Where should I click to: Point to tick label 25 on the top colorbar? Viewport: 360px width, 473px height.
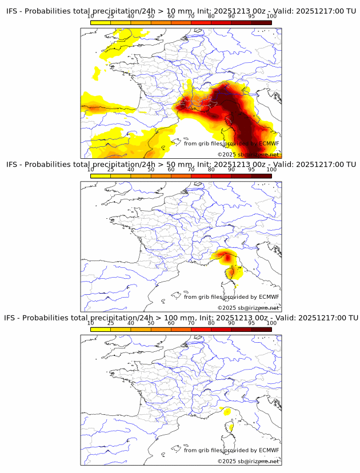(111, 16)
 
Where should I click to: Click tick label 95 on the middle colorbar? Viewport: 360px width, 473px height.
(251, 170)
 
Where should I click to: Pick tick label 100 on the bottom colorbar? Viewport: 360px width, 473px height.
(271, 323)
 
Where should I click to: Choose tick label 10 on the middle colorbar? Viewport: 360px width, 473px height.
(91, 170)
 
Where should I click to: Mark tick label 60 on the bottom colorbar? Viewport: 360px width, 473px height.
(171, 323)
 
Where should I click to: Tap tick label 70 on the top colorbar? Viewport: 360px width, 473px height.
(191, 16)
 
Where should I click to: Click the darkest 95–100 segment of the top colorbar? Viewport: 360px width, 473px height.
(261, 22)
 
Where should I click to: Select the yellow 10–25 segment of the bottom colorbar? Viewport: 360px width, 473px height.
(101, 329)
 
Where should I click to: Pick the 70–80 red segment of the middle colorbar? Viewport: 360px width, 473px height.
(201, 176)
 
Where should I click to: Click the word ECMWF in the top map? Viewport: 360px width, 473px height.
(269, 143)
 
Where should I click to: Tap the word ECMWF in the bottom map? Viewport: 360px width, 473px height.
(269, 450)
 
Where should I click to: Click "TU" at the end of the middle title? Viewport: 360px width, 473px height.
(350, 165)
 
